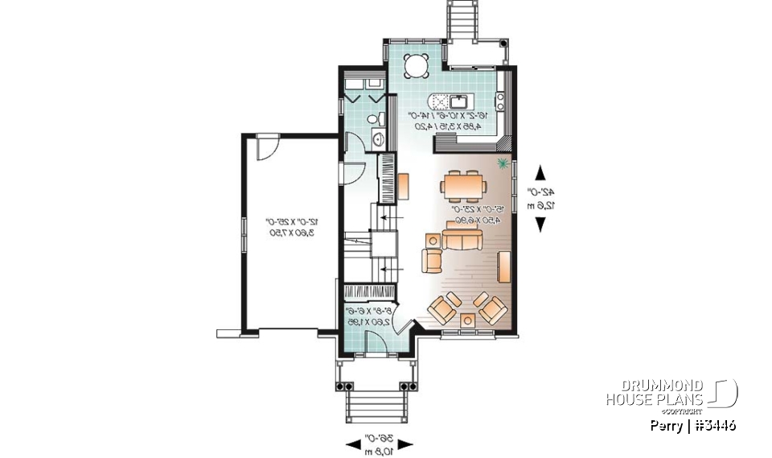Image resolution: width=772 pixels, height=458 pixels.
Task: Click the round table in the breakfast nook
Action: (x=415, y=64)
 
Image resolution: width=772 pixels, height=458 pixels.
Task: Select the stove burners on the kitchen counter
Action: (x=499, y=101)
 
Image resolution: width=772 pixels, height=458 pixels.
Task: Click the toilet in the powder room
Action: (x=374, y=120)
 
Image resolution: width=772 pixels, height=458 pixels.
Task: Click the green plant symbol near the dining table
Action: (x=504, y=165)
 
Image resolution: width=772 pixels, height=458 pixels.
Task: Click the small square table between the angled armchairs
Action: (x=466, y=321)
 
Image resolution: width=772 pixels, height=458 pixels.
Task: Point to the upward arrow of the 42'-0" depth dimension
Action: (x=540, y=172)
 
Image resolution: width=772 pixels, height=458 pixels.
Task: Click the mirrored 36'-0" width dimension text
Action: (x=378, y=443)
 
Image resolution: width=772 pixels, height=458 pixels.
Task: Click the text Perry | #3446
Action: (x=692, y=425)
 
